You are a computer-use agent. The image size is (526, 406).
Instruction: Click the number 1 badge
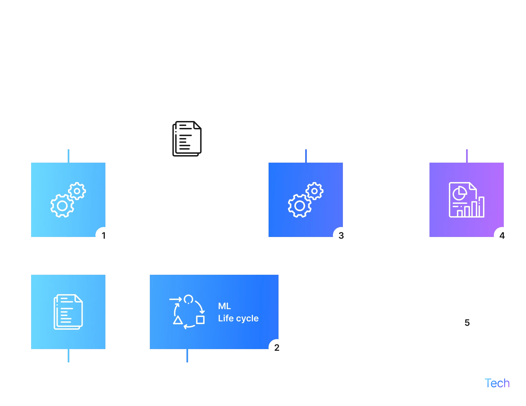(104, 236)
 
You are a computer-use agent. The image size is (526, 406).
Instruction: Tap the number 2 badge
(277, 348)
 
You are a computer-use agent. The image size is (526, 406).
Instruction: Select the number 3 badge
(341, 236)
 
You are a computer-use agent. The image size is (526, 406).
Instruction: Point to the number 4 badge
(502, 236)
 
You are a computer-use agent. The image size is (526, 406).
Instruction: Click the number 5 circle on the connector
(467, 323)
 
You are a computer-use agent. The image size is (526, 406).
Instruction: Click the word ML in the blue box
(224, 306)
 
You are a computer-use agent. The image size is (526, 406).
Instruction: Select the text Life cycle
(238, 318)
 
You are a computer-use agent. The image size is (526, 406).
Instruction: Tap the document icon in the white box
(187, 139)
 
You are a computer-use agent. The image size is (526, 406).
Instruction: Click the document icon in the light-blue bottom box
(68, 312)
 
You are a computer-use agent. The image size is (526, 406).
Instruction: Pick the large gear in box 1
(62, 206)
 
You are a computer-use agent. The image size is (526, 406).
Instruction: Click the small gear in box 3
(314, 191)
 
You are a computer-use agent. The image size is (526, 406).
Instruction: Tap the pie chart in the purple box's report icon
(459, 193)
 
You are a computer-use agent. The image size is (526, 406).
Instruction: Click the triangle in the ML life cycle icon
(178, 321)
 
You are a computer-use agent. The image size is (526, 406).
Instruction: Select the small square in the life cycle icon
(200, 320)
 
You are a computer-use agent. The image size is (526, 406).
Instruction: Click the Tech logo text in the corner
(498, 383)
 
